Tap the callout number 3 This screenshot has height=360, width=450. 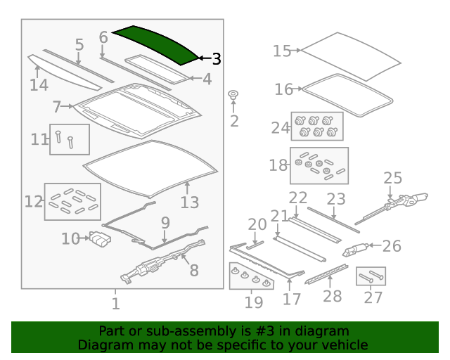click(216, 59)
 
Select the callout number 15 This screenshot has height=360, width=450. click(282, 51)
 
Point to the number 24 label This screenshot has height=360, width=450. click(281, 128)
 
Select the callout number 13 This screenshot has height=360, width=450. click(190, 202)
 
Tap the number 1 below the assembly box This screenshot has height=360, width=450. click(116, 304)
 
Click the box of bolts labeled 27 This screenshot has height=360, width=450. click(371, 276)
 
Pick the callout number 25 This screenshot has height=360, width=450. click(392, 179)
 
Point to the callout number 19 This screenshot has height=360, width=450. click(254, 302)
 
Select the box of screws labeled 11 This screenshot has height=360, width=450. click(70, 139)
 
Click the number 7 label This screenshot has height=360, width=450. click(57, 108)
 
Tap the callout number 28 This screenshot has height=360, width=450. click(332, 296)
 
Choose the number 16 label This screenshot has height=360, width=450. click(284, 89)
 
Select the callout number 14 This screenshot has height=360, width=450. click(39, 85)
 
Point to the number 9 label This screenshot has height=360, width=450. click(165, 223)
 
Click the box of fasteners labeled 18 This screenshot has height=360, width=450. click(319, 166)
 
